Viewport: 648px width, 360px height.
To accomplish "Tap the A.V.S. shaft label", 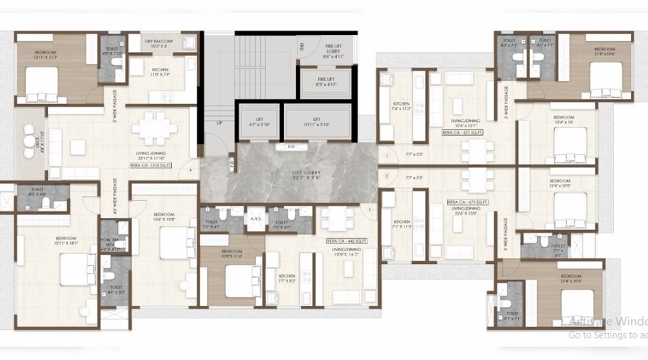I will click(x=255, y=220).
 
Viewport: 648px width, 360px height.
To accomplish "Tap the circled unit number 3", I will click(x=369, y=209).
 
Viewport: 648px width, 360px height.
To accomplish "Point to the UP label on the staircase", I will click(x=219, y=123).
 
